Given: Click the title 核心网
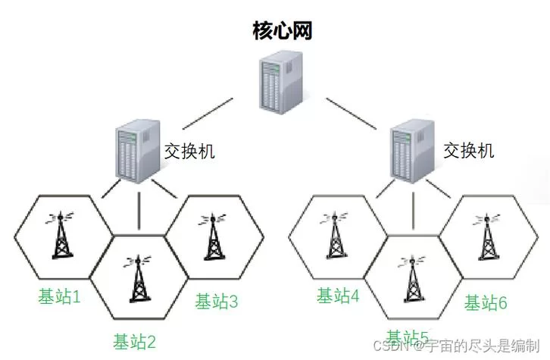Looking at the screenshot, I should point(282,31).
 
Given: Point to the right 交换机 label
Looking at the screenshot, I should point(468,150).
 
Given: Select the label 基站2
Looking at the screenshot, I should point(134,341).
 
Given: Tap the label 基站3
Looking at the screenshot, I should point(217,302).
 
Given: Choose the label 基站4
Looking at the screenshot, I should point(338,296).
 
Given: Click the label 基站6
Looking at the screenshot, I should point(485,302).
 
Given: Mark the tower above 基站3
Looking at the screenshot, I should point(211,235).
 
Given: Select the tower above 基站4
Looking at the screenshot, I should point(336,235).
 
